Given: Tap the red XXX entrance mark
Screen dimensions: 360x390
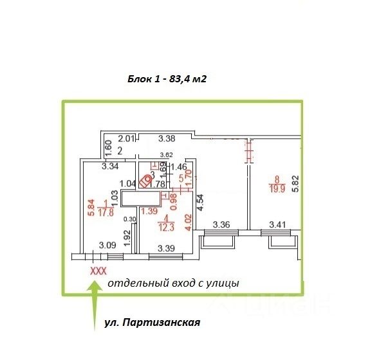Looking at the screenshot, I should [x=97, y=271].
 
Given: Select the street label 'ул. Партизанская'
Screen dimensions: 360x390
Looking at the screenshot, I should [x=152, y=323].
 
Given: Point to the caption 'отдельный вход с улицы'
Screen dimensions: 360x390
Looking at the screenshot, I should [x=173, y=283].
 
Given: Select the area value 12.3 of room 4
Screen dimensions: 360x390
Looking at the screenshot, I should [x=167, y=227].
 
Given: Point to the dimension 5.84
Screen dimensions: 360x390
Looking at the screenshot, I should [x=92, y=206].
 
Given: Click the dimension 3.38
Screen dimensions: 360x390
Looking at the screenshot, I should [x=167, y=138].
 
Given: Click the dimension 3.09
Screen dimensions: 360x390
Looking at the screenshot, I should [x=107, y=244].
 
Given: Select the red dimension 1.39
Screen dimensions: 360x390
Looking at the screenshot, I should [x=149, y=211].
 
